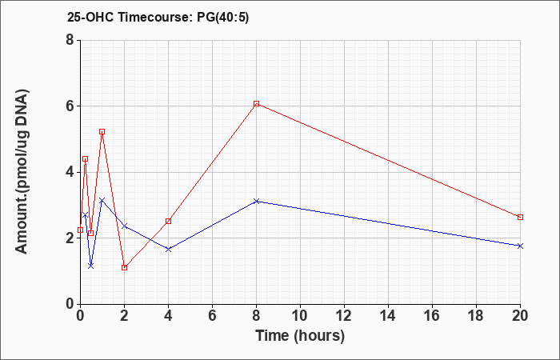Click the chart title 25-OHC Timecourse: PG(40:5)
(158, 18)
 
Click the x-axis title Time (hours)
(300, 336)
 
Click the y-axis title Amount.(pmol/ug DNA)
(22, 172)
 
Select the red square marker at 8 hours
(257, 103)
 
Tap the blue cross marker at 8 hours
(257, 202)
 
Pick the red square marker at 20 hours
(520, 217)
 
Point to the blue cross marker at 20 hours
(520, 246)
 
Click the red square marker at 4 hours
(169, 221)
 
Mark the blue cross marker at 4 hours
(169, 249)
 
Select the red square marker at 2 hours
(124, 267)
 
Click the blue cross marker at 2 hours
(124, 226)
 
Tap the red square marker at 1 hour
(102, 132)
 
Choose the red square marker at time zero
(80, 230)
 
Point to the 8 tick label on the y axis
(70, 40)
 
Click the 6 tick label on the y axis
(70, 106)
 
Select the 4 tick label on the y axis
(70, 172)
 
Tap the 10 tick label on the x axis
(300, 316)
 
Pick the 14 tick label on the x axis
(388, 316)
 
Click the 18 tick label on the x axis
(477, 316)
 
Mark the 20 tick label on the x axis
(520, 316)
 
